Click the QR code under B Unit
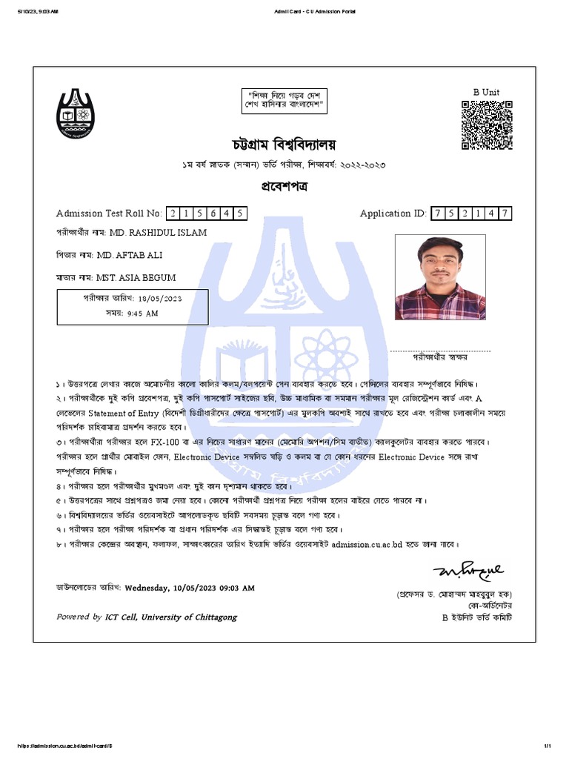tap(486, 125)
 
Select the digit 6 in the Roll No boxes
tap(213, 213)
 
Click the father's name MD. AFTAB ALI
tap(129, 255)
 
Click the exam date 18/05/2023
tap(159, 299)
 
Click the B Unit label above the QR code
tap(486, 92)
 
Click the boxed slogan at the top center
tap(286, 102)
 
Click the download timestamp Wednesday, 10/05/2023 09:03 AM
tap(190, 588)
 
